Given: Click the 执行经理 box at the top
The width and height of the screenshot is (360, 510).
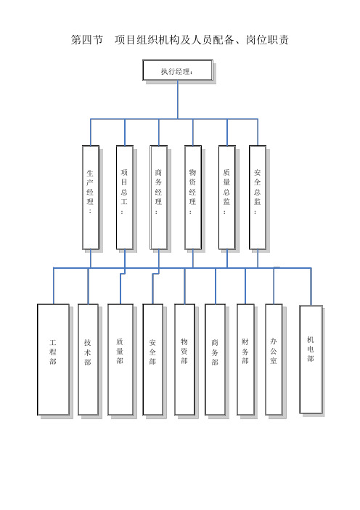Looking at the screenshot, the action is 178,70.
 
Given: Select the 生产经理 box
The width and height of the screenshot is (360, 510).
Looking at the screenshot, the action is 91,198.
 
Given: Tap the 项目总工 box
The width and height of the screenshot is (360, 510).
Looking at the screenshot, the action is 125,198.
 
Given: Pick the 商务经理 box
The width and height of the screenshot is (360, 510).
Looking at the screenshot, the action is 158,198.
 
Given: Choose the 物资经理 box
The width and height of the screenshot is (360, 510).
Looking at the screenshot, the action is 193,198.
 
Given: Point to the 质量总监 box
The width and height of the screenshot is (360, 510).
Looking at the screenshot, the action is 226,198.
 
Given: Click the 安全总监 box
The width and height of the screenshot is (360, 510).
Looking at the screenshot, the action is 258,198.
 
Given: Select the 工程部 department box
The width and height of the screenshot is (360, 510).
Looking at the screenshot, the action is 53,360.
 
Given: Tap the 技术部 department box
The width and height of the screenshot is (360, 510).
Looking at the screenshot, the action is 88,360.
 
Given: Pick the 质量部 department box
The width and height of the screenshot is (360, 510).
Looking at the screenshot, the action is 120,360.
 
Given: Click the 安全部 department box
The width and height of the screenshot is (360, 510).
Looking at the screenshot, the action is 152,360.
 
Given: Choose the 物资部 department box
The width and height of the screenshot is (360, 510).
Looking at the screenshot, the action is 184,360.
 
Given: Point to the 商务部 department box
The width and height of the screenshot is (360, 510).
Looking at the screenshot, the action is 215,360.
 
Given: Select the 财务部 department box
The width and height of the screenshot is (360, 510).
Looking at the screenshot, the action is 245,360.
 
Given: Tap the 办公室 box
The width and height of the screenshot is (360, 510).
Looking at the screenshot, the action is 274,360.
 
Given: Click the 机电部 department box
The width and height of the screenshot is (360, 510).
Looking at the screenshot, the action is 311,360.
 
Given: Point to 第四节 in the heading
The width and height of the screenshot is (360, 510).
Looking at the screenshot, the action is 87,40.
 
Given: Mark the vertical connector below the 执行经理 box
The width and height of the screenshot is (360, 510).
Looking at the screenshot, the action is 178,100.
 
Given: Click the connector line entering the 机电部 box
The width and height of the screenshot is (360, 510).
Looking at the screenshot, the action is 311,286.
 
